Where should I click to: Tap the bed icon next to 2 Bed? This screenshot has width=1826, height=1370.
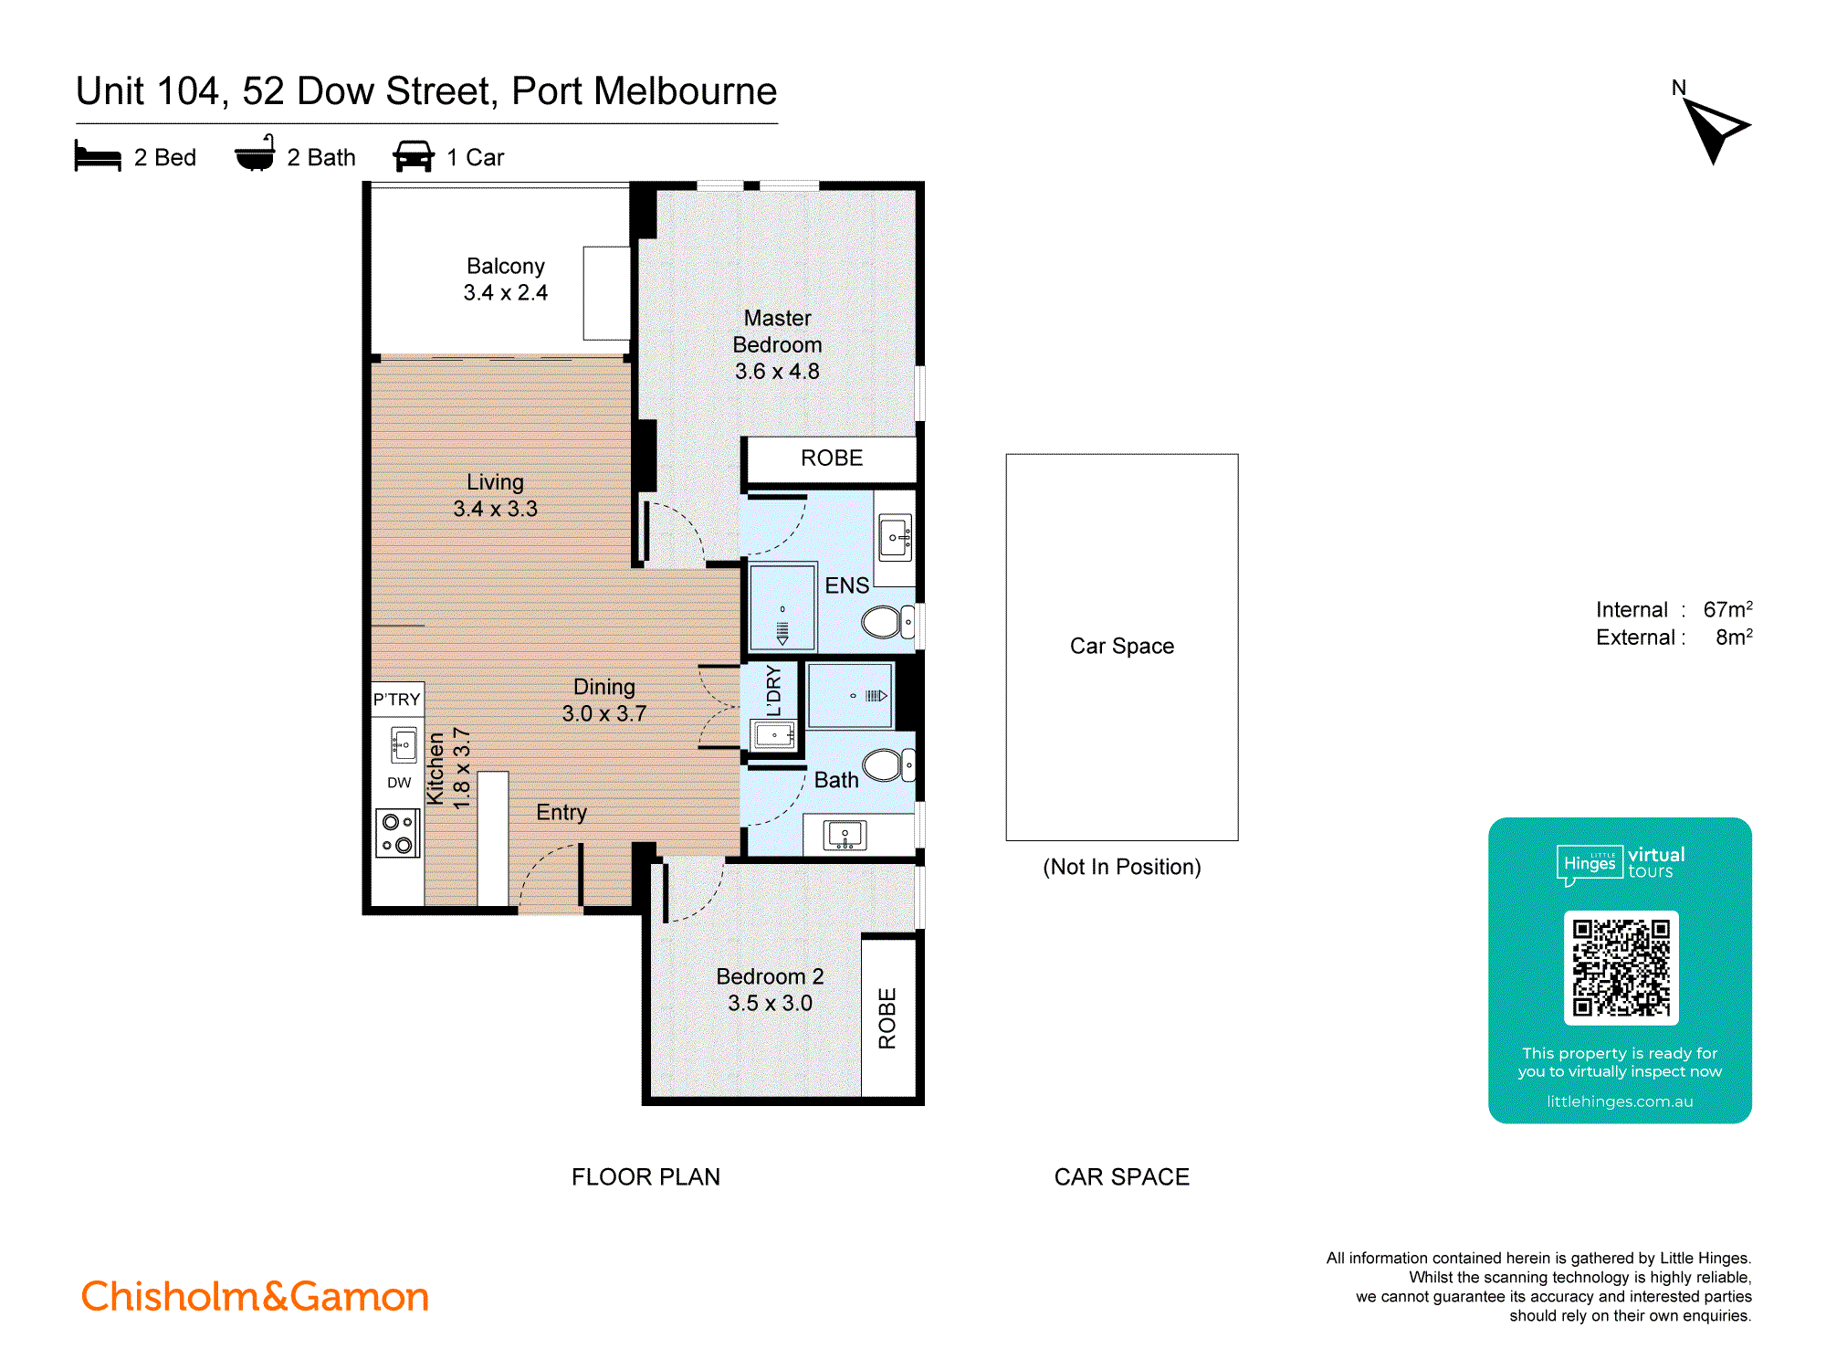(98, 156)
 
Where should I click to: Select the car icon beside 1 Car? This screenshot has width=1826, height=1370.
(414, 156)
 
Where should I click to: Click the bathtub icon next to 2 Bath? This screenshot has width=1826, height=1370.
(255, 154)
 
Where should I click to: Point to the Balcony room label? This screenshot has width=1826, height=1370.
(505, 266)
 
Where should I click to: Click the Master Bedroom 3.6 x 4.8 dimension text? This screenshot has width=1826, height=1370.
(777, 371)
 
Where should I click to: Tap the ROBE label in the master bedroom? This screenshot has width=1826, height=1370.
(831, 458)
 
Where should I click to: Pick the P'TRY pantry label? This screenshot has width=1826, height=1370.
(396, 700)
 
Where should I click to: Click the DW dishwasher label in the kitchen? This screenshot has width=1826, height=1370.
(399, 783)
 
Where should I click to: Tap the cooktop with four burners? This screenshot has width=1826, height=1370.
(397, 833)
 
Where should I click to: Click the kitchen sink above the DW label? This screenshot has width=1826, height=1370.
(403, 744)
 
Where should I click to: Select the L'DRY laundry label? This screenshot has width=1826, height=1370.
(774, 690)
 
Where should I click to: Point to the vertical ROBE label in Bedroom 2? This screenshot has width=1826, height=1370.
(887, 1017)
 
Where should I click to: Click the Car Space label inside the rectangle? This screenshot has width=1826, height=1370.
(1121, 646)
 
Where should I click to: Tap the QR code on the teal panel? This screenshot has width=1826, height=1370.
(1621, 968)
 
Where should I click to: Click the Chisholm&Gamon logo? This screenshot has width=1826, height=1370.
(255, 1296)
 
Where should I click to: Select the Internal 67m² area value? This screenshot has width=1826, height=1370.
(1726, 609)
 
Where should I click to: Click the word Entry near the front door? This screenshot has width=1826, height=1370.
(561, 812)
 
